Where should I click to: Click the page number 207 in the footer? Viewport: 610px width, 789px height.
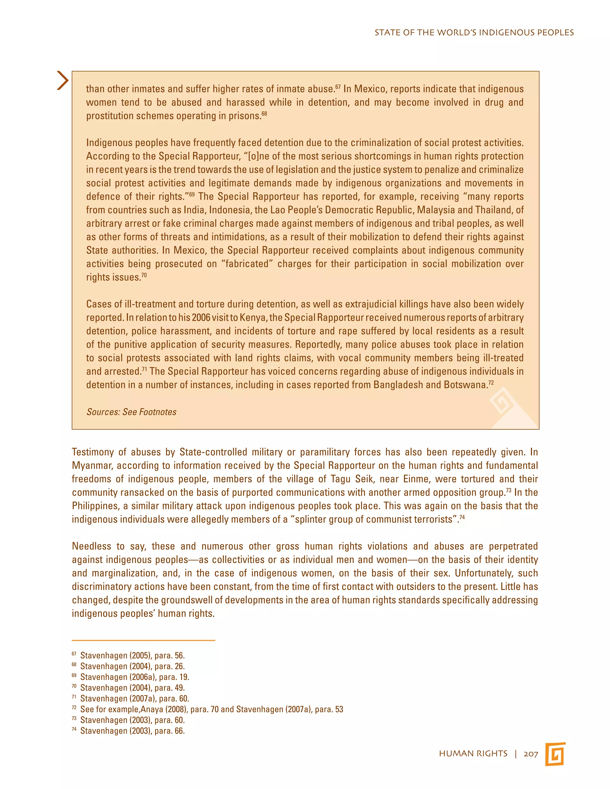(530, 754)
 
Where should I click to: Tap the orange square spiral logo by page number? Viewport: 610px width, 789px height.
(555, 754)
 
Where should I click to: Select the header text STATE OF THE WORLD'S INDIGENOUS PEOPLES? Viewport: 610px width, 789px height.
(474, 32)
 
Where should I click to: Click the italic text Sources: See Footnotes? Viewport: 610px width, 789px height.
(131, 412)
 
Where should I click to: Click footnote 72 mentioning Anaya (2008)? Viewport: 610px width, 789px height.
(211, 709)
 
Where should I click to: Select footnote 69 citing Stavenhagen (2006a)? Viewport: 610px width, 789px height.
(134, 677)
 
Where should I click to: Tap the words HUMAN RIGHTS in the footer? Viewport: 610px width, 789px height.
(473, 754)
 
